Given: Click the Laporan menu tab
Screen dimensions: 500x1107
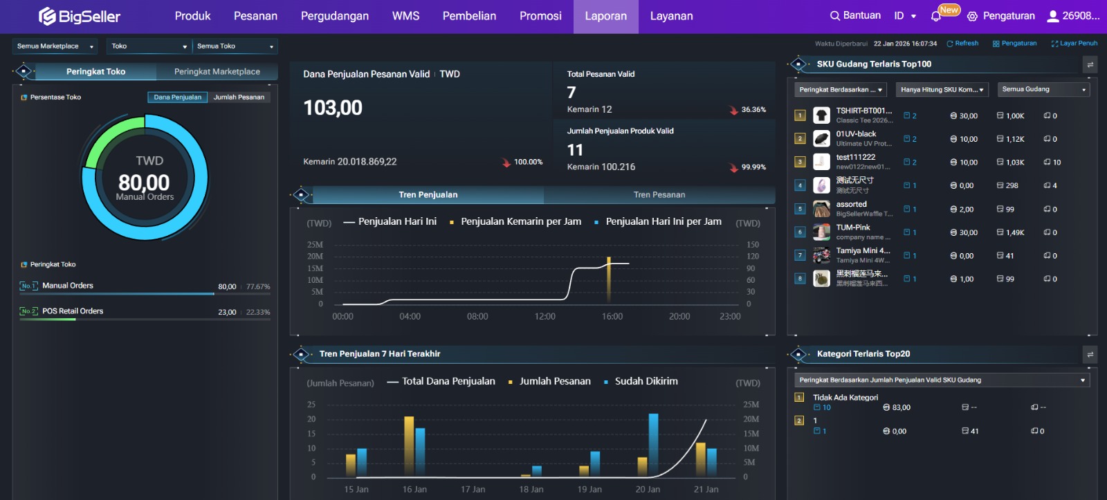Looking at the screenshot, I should (x=605, y=16).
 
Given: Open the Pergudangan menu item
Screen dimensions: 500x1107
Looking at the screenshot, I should (x=334, y=16).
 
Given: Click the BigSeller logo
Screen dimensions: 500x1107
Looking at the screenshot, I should (x=80, y=16).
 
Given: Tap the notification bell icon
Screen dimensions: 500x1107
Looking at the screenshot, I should (x=936, y=16).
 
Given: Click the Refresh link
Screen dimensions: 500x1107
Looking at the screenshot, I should (x=962, y=43).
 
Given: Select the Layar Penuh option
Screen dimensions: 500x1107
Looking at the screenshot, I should (x=1074, y=43).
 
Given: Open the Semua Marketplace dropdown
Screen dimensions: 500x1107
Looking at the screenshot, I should (x=55, y=46).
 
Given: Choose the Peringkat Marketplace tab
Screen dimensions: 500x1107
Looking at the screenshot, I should (x=217, y=71).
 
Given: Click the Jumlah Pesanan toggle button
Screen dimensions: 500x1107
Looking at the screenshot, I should (x=239, y=97).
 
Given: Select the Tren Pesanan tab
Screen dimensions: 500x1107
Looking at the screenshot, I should (x=659, y=194).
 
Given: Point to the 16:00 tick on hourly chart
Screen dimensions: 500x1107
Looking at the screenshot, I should (x=612, y=316).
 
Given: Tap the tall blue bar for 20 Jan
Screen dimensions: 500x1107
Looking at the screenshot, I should (x=653, y=444).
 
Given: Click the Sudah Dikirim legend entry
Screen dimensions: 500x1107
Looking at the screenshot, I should (x=646, y=381).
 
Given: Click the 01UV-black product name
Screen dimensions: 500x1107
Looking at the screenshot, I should (x=856, y=133).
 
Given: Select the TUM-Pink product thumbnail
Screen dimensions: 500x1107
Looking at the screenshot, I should (x=821, y=232).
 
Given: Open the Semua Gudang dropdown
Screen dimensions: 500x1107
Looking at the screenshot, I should (x=1044, y=89).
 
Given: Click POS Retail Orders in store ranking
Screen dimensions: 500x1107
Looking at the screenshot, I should (x=73, y=311).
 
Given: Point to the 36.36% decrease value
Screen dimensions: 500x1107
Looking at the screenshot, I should (x=753, y=109).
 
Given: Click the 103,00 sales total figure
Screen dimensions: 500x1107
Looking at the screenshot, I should (x=333, y=108).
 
